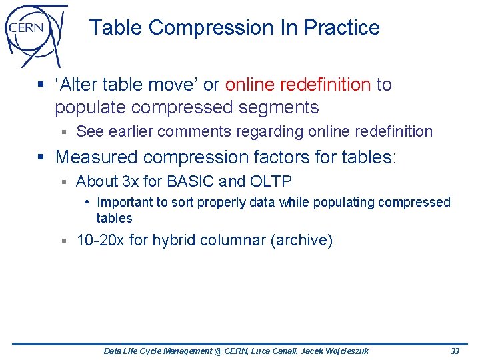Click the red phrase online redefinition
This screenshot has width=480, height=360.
pyautogui.click(x=298, y=85)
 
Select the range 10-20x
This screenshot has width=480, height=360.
pyautogui.click(x=100, y=240)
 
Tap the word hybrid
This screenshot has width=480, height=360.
pyautogui.click(x=174, y=240)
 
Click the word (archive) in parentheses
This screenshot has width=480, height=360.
pyautogui.click(x=301, y=240)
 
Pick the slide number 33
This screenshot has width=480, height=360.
pyautogui.click(x=455, y=351)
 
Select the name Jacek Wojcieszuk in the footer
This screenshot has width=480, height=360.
pyautogui.click(x=335, y=351)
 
